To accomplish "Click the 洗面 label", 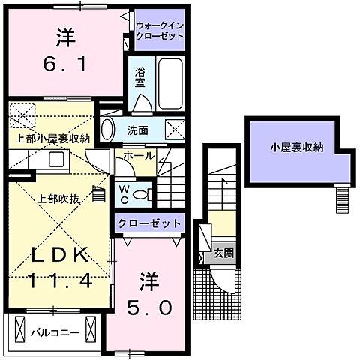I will coord(136,130).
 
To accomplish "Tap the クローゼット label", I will coord(148,223).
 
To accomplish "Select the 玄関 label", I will coord(223,253).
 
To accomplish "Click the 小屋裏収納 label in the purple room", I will coord(297,148).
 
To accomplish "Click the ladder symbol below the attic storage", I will coord(343,199).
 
